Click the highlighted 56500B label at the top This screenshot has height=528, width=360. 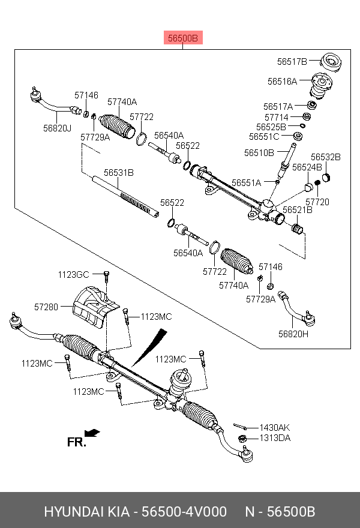click(x=182, y=39)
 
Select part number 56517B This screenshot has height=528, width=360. click(x=292, y=61)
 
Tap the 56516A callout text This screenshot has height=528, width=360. click(x=282, y=80)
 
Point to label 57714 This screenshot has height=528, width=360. click(x=277, y=117)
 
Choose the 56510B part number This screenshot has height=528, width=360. click(x=259, y=153)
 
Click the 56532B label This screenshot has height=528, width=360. click(x=325, y=157)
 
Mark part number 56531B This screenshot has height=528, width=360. click(x=118, y=173)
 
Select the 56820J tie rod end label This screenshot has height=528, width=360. click(x=57, y=128)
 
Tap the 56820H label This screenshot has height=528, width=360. click(x=293, y=334)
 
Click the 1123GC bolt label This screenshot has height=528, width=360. click(x=73, y=274)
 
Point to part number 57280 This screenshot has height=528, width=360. click(x=46, y=307)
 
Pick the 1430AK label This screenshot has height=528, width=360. click(x=274, y=427)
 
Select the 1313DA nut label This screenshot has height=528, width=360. click(x=274, y=439)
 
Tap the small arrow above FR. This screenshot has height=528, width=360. click(x=92, y=433)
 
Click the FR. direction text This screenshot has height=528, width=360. click(x=76, y=443)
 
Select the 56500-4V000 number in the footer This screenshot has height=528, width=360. click(x=179, y=512)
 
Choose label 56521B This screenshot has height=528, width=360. click(x=298, y=210)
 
